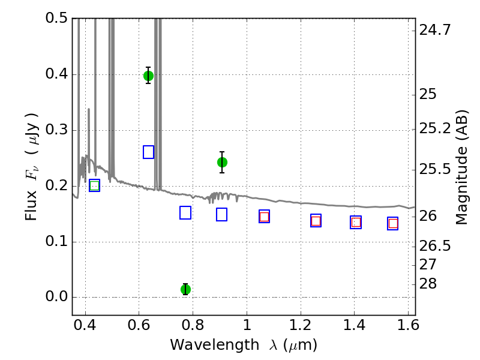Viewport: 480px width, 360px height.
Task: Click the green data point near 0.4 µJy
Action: (x=148, y=76)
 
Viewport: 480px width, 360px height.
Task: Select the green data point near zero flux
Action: (x=185, y=289)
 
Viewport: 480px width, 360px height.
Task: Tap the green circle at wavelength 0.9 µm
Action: (x=222, y=162)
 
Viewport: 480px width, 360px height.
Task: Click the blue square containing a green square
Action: (x=95, y=185)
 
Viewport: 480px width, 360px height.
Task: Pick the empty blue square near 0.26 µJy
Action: (x=148, y=152)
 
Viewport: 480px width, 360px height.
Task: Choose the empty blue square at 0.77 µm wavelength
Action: (x=185, y=213)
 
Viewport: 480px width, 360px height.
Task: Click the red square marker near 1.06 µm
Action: (x=264, y=217)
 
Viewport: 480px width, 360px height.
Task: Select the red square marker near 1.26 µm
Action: (x=316, y=221)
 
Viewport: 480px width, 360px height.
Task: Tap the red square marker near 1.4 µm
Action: (x=356, y=222)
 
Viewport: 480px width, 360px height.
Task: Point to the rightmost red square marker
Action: (x=393, y=223)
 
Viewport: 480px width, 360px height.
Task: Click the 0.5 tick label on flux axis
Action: (x=56, y=18)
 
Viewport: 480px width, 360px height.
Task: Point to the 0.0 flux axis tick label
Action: (x=56, y=296)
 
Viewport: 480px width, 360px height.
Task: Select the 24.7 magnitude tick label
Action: (x=435, y=30)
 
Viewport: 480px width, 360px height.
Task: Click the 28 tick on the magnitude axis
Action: (x=428, y=284)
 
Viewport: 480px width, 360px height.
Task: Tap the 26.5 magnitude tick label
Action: (x=435, y=245)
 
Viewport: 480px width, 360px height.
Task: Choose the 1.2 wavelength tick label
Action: (x=301, y=325)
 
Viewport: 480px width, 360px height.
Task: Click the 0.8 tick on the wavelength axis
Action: (x=193, y=325)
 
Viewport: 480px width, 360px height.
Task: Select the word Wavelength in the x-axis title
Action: (x=215, y=345)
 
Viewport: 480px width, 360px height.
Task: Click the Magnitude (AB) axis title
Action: (x=461, y=167)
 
